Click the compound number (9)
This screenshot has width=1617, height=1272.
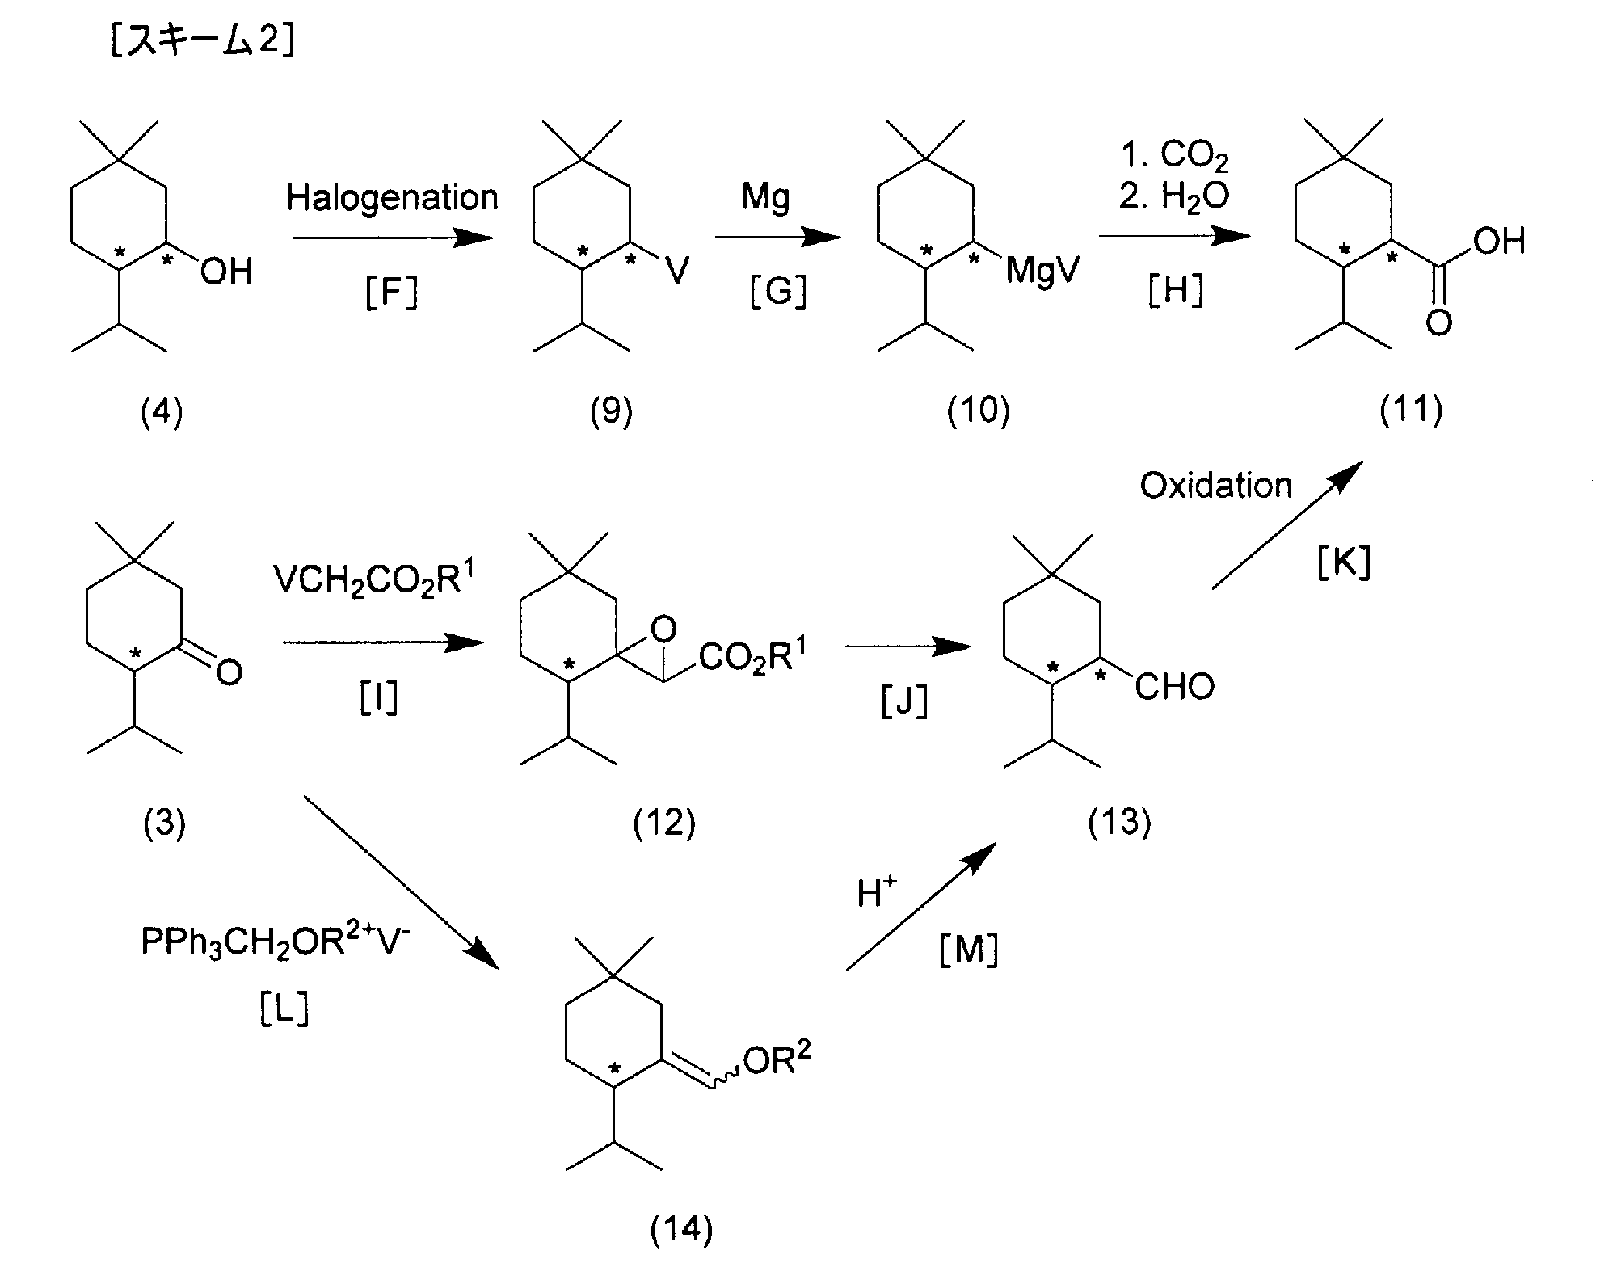[x=611, y=411]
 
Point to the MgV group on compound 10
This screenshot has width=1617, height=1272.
[x=1042, y=271]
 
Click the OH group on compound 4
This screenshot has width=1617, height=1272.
[x=226, y=272]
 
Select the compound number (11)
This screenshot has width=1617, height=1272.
[x=1411, y=410]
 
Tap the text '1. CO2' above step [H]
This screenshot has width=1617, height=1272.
[x=1175, y=156]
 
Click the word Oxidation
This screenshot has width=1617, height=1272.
[x=1216, y=486]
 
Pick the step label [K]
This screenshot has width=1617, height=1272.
[x=1344, y=563]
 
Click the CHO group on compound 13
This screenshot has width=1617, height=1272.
[x=1174, y=687]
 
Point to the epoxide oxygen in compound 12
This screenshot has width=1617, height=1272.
[x=663, y=629]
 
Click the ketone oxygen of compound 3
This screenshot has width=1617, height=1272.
[x=229, y=672]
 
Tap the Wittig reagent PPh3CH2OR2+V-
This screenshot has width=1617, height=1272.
[x=276, y=941]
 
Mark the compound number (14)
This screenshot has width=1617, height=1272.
[x=681, y=1228]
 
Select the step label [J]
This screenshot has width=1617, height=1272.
[x=904, y=702]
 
